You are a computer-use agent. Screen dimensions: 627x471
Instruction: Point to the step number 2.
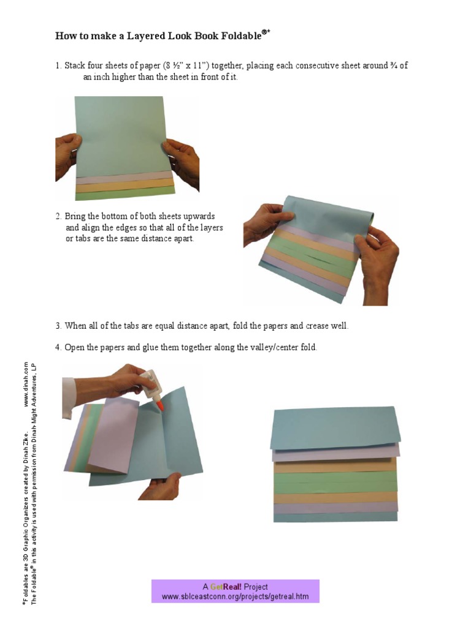58,217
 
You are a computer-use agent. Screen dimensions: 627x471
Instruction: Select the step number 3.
58,326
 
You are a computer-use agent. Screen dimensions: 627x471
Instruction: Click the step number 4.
58,348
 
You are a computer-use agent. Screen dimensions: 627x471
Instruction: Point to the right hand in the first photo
183,160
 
